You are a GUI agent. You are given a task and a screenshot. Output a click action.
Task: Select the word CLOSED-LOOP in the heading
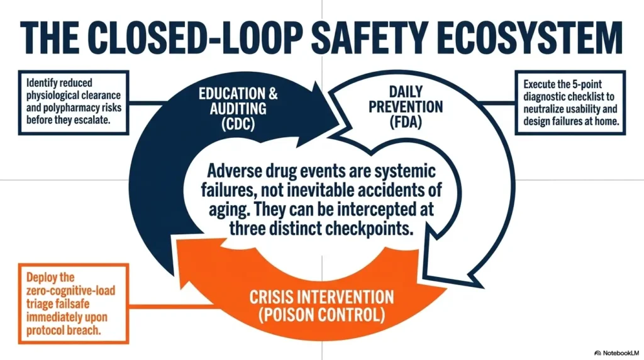pyautogui.click(x=196, y=38)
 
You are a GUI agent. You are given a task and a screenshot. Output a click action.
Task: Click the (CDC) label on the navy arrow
pyautogui.click(x=238, y=124)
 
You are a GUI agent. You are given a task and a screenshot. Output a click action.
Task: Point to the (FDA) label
pyautogui.click(x=406, y=122)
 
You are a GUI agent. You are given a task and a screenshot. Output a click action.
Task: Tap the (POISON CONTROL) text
pyautogui.click(x=322, y=315)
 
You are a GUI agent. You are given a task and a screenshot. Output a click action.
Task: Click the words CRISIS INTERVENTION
pyautogui.click(x=321, y=296)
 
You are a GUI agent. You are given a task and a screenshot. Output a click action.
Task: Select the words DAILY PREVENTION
pyautogui.click(x=406, y=99)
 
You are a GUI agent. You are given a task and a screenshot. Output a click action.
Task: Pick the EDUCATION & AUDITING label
pyautogui.click(x=238, y=101)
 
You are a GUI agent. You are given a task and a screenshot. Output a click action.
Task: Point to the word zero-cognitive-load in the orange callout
pyautogui.click(x=71, y=291)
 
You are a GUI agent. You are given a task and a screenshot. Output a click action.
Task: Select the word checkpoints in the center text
pyautogui.click(x=369, y=228)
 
